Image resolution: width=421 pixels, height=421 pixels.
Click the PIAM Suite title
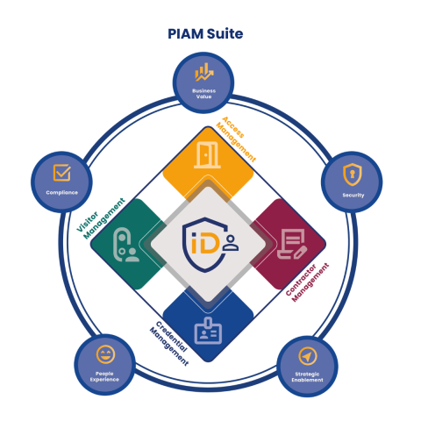(205, 34)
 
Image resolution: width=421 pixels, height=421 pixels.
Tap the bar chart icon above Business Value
(204, 72)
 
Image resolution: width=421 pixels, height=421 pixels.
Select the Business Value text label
(203, 94)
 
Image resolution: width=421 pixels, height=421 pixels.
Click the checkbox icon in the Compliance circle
(62, 173)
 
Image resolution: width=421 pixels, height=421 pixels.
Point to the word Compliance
(62, 193)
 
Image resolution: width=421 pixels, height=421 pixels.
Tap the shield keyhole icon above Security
(353, 175)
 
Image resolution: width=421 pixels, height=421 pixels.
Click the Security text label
(353, 195)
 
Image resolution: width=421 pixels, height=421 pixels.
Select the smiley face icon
(105, 354)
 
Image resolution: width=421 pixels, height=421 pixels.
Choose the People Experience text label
(104, 376)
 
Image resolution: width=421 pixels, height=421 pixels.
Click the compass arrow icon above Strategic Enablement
(308, 356)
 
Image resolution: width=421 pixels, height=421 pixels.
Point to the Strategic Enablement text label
(307, 377)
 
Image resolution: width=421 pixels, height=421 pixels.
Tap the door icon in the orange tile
(207, 155)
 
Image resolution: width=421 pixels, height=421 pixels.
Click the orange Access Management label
(236, 139)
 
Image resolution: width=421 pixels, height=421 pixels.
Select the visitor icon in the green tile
(125, 245)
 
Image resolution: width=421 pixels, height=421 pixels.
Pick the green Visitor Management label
(100, 218)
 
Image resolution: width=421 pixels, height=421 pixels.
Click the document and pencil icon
(292, 244)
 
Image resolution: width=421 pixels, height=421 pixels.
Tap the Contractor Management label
(307, 282)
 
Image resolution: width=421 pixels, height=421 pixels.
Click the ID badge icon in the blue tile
(208, 331)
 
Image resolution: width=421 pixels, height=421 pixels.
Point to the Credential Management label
(169, 344)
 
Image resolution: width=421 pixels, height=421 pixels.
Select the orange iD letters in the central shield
(205, 243)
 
